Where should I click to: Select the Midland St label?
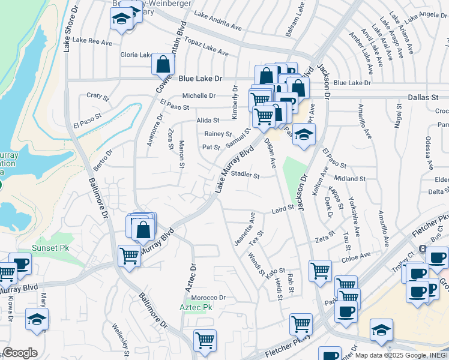[x=350, y=179]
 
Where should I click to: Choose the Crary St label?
[x=97, y=95]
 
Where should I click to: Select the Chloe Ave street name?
[x=356, y=257]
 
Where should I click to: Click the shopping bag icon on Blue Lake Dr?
[x=163, y=64]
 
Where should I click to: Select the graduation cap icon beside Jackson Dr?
[x=304, y=135]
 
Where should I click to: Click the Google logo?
[x=20, y=353]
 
